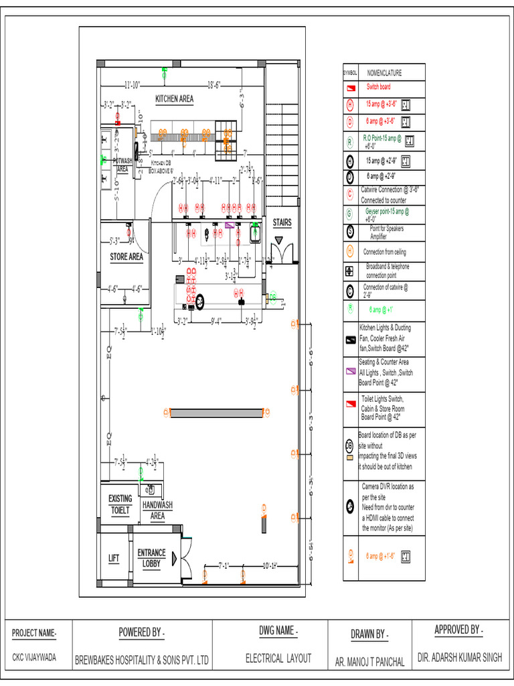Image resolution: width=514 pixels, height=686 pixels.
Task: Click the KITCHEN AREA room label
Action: point(175,98)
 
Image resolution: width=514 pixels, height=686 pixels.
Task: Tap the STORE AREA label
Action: point(126,257)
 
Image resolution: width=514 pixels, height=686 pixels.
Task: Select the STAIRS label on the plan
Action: point(282,222)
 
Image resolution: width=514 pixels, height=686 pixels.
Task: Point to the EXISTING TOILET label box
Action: point(120,504)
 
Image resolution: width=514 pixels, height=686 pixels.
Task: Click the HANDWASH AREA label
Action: point(157,510)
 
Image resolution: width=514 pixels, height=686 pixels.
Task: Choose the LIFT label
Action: point(114,557)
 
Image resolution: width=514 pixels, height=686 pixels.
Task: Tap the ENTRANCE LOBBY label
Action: point(151,558)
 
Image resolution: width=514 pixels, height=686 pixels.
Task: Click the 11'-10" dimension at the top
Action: point(132,84)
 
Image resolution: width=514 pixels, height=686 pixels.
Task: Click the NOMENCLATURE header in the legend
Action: point(385,73)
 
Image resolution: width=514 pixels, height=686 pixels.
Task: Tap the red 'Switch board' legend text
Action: point(378,87)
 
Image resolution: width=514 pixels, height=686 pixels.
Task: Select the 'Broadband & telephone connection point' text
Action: point(388,271)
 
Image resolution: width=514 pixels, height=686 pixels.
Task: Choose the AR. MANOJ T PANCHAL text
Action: point(370,661)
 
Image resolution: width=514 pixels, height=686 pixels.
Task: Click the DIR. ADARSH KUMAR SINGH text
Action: point(459,658)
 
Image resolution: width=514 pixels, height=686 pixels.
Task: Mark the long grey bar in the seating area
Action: point(216,413)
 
